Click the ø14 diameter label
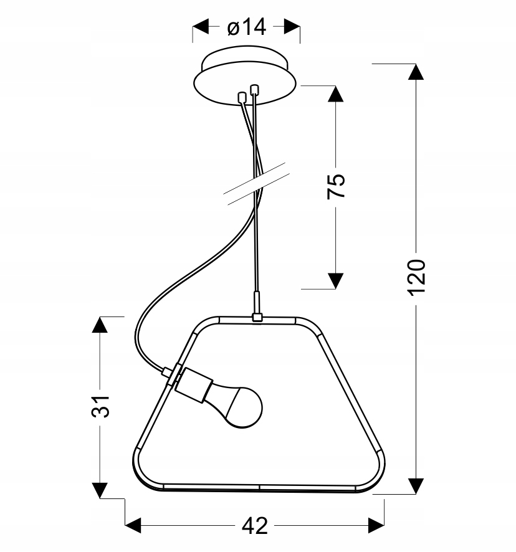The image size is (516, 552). pyautogui.click(x=246, y=27)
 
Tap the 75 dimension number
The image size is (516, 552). pyautogui.click(x=336, y=186)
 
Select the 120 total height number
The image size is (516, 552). pyautogui.click(x=416, y=278)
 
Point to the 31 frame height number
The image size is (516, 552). pyautogui.click(x=100, y=407)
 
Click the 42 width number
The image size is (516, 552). pyautogui.click(x=255, y=526)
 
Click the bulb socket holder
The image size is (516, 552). pyautogui.click(x=194, y=385)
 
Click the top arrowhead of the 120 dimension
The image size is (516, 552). pyautogui.click(x=416, y=72)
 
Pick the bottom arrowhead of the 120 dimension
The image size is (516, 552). pyautogui.click(x=416, y=486)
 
